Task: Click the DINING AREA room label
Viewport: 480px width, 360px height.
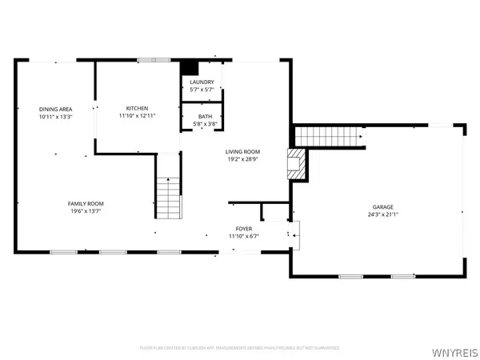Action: click(x=56, y=109)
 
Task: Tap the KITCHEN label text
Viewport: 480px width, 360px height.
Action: click(x=138, y=109)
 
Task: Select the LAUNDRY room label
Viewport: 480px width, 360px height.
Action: click(x=200, y=82)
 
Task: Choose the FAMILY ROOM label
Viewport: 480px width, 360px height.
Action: click(x=85, y=204)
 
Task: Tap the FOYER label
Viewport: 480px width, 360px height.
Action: click(x=243, y=229)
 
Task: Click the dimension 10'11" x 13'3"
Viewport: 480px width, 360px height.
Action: click(x=56, y=117)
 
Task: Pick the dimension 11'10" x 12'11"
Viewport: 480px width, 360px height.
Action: click(x=138, y=116)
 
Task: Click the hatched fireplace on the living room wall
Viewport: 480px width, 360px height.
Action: click(x=296, y=163)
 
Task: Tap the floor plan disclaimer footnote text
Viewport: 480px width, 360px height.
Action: click(x=240, y=348)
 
